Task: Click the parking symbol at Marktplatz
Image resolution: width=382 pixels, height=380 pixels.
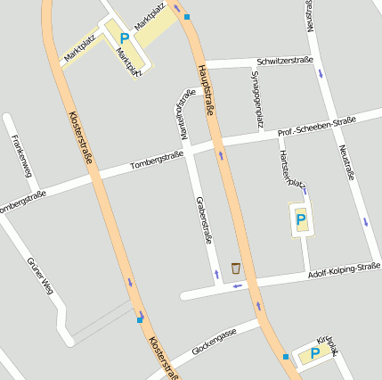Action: click(124, 38)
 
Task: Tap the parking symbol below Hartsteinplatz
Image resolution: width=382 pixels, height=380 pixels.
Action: click(301, 218)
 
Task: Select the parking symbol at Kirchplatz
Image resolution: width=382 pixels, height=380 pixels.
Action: click(314, 353)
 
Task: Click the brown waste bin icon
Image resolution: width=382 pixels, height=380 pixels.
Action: click(235, 268)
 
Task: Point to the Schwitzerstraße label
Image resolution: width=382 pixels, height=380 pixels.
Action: click(284, 61)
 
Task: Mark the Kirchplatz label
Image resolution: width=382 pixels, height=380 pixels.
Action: click(329, 343)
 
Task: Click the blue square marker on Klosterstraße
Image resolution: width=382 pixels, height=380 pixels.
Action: click(140, 318)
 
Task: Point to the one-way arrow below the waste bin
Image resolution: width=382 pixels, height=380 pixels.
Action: click(237, 285)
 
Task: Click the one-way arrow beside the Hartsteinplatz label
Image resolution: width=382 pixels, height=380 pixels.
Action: click(305, 190)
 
